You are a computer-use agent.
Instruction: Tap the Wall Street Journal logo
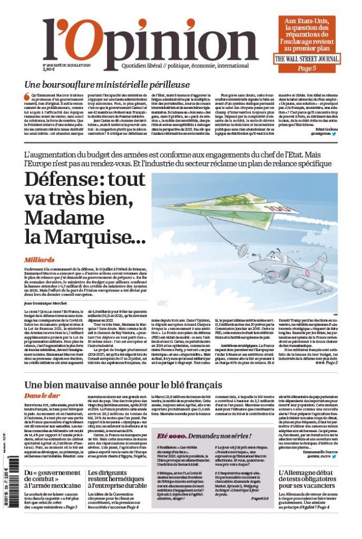coord(307,58)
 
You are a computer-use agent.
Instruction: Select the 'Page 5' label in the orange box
coord(307,68)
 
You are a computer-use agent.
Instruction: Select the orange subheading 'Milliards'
coord(40,260)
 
